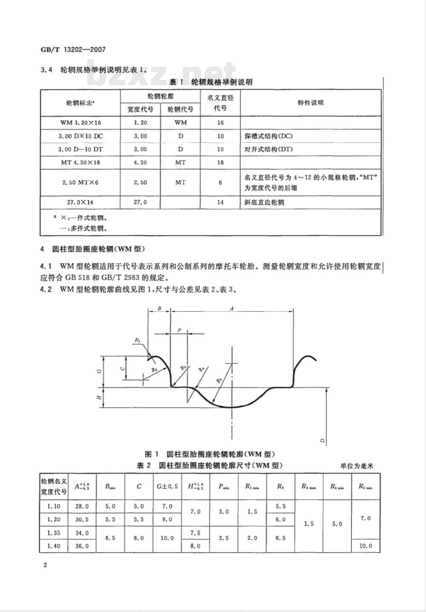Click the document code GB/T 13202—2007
pos(73,49)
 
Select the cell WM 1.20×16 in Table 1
pos(81,123)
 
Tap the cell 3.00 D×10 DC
pos(81,136)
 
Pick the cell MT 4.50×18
pos(81,163)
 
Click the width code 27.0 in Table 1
pos(140,202)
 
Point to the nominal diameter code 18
pos(220,163)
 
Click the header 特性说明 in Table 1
pos(311,103)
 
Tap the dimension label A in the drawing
pos(232,308)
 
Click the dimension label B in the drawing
pos(159,308)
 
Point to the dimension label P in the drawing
pos(179,330)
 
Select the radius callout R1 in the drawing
pos(138,340)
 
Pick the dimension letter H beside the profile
pos(99,397)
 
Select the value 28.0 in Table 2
pos(82,506)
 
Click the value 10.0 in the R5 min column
pos(366,546)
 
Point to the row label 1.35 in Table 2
pos(54,533)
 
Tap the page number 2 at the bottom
pos(45,565)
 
